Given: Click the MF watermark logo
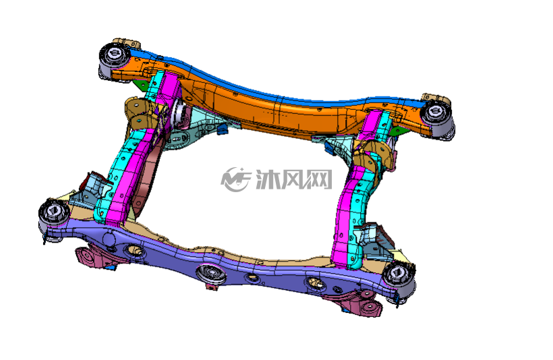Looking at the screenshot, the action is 235,179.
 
